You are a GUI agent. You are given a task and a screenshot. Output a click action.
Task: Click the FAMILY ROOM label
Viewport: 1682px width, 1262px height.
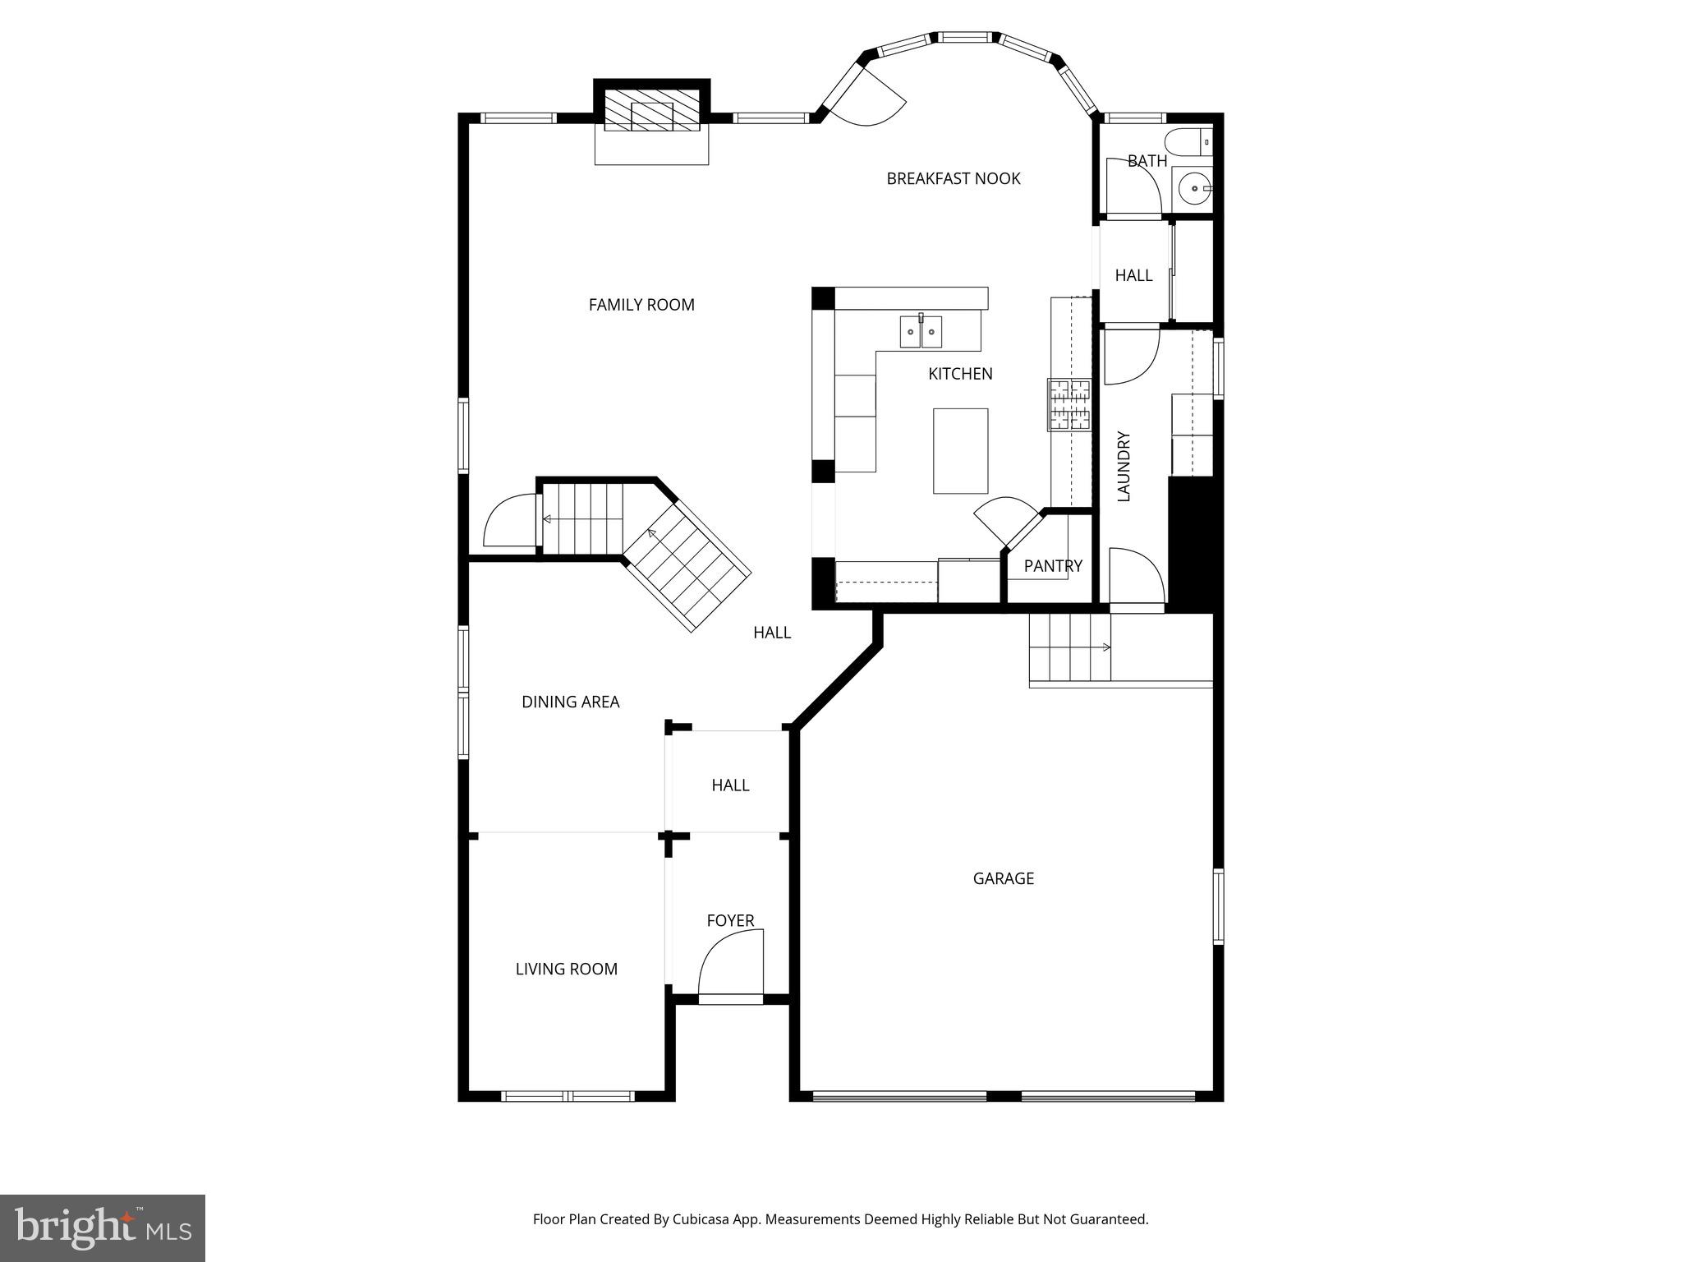(x=641, y=305)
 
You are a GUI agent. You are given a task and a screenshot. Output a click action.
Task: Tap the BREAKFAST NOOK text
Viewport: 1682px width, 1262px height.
(x=953, y=178)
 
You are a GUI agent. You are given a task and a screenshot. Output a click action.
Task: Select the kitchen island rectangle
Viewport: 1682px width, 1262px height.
(x=960, y=451)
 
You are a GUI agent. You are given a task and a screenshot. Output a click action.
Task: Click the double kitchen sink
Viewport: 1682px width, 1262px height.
(x=921, y=332)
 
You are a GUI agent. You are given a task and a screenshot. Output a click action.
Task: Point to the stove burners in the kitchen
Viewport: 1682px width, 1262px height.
(x=1068, y=404)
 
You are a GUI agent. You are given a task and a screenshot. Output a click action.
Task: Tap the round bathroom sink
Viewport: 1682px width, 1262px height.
(x=1191, y=188)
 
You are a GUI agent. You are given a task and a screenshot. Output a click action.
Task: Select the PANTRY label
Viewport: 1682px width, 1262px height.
(x=1052, y=566)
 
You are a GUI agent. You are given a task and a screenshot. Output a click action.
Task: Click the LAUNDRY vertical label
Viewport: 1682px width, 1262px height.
(x=1124, y=466)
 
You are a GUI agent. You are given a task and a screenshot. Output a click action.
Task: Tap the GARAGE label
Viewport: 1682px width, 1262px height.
(x=1003, y=878)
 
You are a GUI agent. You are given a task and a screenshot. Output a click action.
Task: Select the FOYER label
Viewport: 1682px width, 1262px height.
(x=730, y=921)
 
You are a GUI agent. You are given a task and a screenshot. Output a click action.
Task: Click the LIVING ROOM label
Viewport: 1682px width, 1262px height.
(x=566, y=969)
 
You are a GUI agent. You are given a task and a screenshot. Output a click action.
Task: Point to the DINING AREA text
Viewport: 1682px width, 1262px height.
(x=570, y=702)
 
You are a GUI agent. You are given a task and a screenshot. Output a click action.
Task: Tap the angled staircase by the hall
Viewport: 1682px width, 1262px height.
(x=687, y=566)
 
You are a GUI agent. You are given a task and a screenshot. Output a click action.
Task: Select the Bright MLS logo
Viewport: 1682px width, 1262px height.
(x=103, y=1227)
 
